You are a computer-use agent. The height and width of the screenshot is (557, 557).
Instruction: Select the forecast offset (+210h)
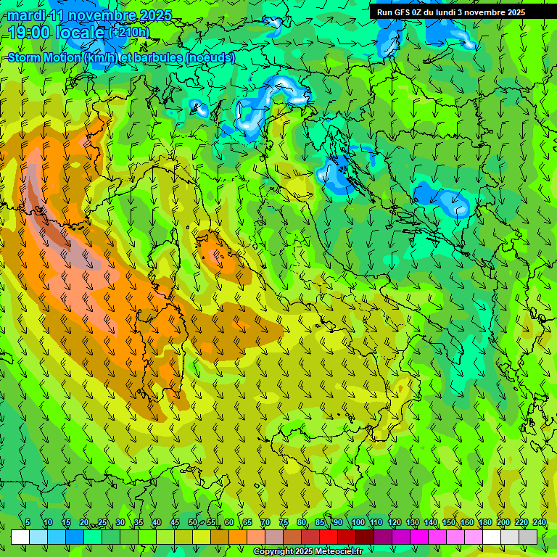coord(129,32)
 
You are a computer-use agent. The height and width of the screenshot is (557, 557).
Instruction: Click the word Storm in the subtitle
coord(25,57)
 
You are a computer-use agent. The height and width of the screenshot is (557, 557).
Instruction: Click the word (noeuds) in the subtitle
coord(210,57)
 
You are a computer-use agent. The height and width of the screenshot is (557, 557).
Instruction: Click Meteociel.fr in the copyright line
coord(339,552)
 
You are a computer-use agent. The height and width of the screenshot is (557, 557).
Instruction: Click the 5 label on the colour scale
coord(28,522)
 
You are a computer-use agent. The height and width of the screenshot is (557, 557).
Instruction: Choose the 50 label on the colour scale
coord(193,522)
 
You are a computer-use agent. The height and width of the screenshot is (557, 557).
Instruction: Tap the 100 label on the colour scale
coord(358,522)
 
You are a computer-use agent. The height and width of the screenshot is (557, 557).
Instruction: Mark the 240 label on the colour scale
coord(540,522)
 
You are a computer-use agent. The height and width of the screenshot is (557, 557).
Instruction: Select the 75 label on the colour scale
coord(284,522)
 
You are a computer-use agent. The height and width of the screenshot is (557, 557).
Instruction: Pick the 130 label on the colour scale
coord(413,522)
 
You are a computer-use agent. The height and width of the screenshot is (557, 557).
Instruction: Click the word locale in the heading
coord(80,32)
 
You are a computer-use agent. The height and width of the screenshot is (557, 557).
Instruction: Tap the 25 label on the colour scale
coord(102,522)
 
